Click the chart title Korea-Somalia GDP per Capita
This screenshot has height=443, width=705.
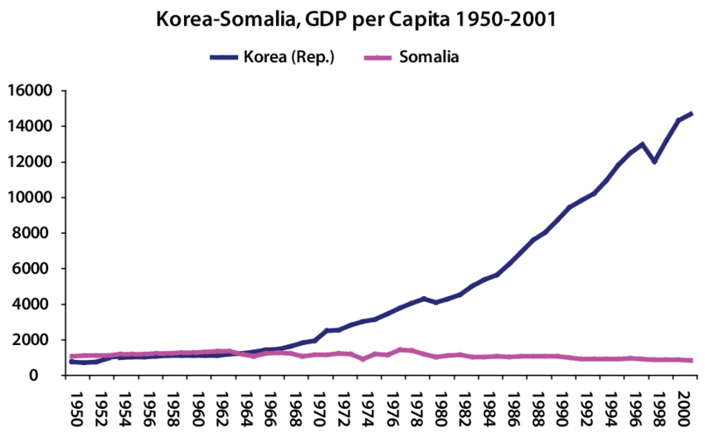tap(352, 19)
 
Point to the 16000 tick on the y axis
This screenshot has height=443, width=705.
tap(31, 90)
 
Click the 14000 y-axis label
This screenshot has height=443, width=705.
tap(31, 126)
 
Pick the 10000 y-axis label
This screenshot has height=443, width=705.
tap(31, 197)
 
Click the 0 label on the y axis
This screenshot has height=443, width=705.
tap(49, 375)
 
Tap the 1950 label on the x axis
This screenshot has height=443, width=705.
tap(75, 407)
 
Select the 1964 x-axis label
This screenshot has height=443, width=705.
tap(245, 407)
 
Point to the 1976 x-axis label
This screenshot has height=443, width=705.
tap(391, 407)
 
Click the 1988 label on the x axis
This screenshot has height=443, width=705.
tap(536, 407)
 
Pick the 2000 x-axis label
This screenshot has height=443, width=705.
tap(681, 407)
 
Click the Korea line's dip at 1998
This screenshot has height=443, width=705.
tap(655, 161)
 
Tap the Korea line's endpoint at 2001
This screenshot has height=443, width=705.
tap(692, 114)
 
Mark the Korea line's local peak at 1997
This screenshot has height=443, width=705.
tap(643, 144)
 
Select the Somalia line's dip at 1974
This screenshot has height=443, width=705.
tap(363, 358)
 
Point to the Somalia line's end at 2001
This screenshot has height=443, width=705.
tap(692, 360)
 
